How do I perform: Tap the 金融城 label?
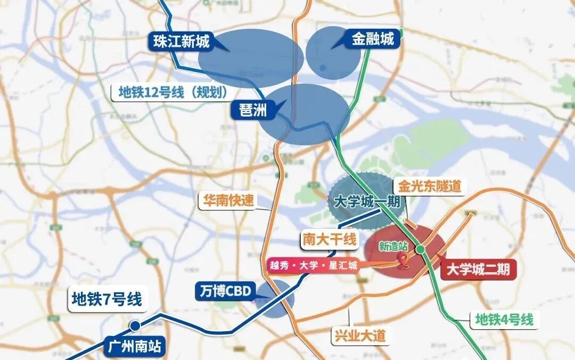[x=372, y=39]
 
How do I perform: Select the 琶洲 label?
[x=249, y=110]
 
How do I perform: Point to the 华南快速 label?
[x=228, y=200]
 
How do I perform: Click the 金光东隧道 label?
[x=428, y=186]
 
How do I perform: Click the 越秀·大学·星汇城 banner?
[x=313, y=265]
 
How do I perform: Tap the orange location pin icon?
[x=404, y=259]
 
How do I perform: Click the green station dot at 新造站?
[x=421, y=249]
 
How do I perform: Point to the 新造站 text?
[x=393, y=246]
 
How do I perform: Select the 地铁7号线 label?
[x=107, y=299]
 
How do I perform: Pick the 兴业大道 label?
[x=359, y=336]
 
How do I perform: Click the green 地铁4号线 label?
[x=504, y=320]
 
